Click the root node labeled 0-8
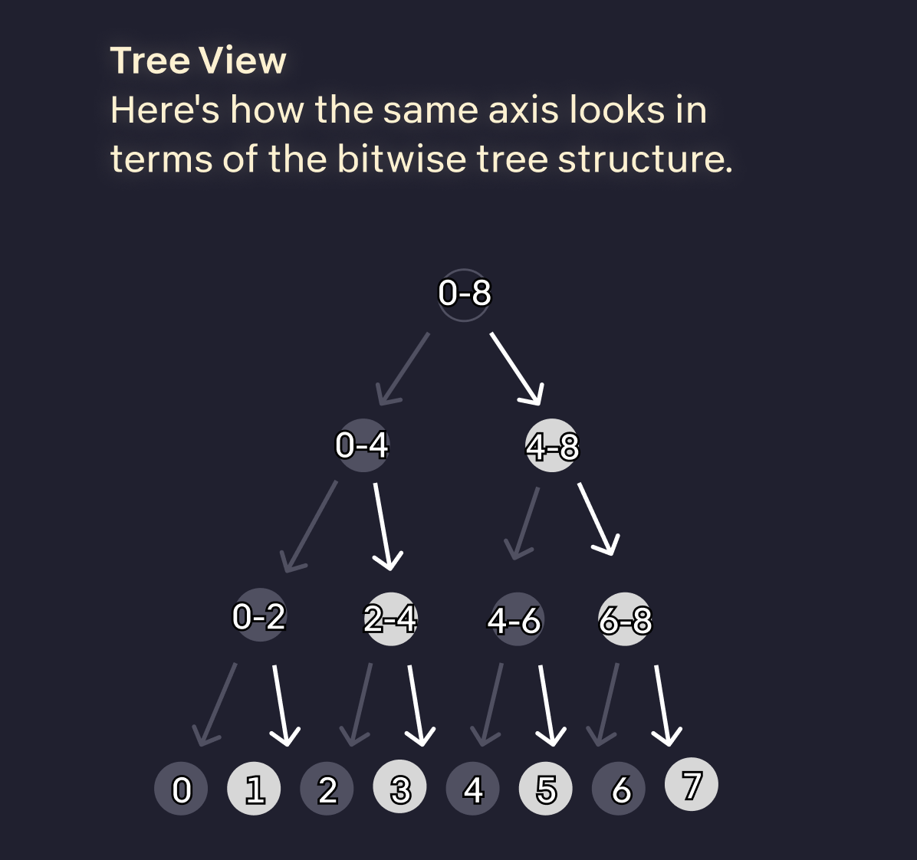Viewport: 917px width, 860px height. (x=464, y=294)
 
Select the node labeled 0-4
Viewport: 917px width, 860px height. (x=362, y=445)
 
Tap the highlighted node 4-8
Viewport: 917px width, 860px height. (x=551, y=445)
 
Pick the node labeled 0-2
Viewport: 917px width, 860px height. (x=259, y=615)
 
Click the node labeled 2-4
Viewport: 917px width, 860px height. (x=390, y=619)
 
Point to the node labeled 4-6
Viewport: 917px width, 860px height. (x=516, y=619)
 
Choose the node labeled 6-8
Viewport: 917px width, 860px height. (x=625, y=619)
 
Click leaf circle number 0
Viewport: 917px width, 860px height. (x=181, y=789)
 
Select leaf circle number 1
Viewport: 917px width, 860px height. (x=255, y=789)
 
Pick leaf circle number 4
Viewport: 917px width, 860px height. (x=473, y=789)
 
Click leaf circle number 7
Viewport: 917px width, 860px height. (x=691, y=784)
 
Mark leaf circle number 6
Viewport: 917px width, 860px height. (x=620, y=789)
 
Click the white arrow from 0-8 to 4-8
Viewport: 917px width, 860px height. (x=516, y=368)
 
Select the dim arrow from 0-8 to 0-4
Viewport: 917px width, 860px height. (x=404, y=369)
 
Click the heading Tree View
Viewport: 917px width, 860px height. (x=198, y=61)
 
